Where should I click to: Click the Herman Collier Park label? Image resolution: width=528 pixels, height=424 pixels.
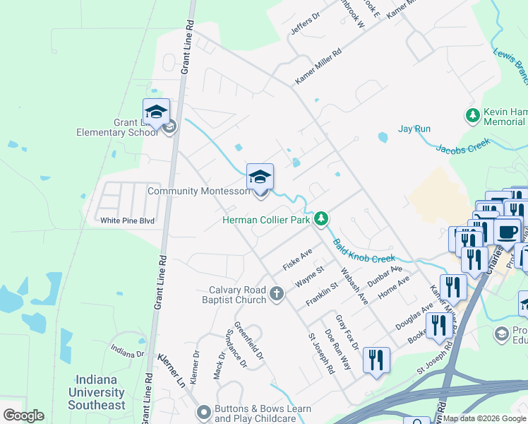(266, 220)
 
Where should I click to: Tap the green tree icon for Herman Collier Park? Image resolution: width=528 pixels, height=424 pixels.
(321, 218)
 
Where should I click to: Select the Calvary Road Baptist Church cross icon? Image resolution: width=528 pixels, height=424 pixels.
(277, 293)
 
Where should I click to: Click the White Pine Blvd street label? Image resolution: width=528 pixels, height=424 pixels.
(127, 220)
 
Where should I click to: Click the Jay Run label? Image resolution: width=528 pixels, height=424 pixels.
(414, 129)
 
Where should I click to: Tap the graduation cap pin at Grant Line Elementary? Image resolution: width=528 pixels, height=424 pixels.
(156, 112)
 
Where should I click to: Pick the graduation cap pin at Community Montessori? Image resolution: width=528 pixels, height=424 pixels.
(260, 177)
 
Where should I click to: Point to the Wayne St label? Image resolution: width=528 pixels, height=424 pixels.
(309, 276)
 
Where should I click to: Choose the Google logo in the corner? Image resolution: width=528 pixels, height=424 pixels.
(23, 416)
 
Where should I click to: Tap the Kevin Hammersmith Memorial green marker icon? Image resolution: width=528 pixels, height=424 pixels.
(472, 114)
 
